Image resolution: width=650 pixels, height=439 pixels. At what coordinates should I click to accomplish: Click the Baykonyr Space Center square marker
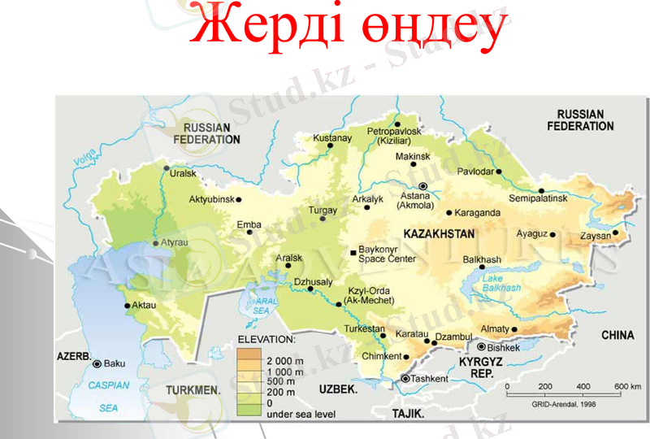point(352,253)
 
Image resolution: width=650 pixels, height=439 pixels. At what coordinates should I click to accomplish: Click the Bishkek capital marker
point(481,347)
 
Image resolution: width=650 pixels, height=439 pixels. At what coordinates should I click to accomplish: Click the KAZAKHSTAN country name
point(438,234)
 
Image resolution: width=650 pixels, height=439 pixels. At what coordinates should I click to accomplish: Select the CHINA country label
point(617,335)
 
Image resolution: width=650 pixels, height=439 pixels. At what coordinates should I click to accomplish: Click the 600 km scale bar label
point(627,386)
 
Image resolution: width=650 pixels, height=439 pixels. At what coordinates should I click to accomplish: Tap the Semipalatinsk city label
point(538,199)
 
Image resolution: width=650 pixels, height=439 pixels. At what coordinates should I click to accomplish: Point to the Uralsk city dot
point(166,169)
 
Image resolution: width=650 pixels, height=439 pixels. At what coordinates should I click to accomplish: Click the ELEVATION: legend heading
point(266,338)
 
